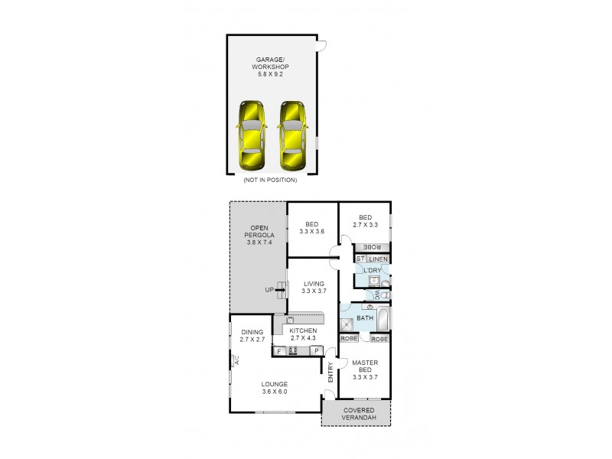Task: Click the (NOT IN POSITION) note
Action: tap(269, 180)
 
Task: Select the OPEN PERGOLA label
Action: tap(259, 233)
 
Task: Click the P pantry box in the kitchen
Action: tap(316, 351)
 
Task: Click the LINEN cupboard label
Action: tap(379, 259)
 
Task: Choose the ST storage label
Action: tap(360, 259)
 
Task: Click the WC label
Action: tap(376, 295)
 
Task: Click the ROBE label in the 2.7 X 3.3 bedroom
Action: tap(371, 246)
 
